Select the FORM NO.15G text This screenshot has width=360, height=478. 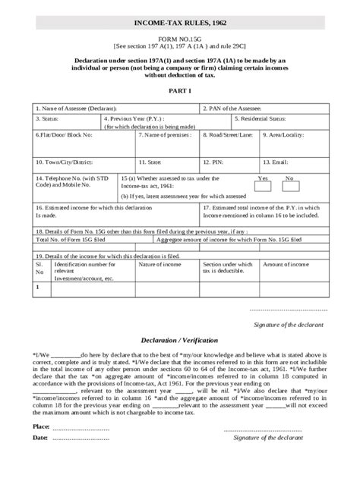180,39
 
